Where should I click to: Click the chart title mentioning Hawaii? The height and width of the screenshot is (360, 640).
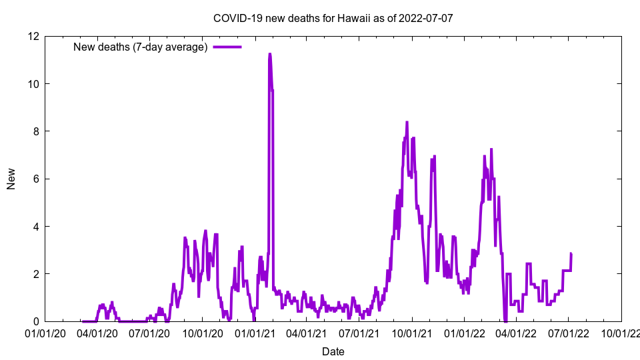coord(333,18)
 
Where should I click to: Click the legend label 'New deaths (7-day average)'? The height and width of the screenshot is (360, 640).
coord(140,47)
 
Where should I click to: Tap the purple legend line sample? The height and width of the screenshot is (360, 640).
coord(227,47)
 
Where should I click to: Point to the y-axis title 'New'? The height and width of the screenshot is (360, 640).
coord(11,179)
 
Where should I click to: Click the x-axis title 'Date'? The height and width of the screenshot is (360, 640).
coord(333,351)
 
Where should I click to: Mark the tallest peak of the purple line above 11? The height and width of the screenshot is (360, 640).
coord(269,54)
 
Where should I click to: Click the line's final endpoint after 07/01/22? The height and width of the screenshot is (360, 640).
coord(571,253)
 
